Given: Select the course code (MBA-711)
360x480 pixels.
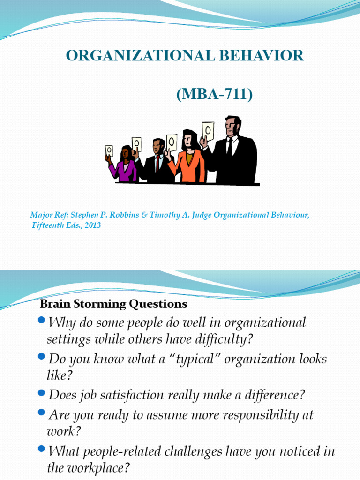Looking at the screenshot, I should (x=214, y=95).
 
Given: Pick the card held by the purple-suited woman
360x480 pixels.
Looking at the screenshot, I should (x=109, y=151).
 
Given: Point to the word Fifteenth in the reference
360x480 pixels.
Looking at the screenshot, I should (x=46, y=225).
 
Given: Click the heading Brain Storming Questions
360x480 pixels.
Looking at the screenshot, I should (x=114, y=304).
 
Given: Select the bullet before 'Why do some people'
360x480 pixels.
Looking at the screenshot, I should (x=41, y=320).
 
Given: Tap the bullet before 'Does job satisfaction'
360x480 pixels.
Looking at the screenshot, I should (x=41, y=393).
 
